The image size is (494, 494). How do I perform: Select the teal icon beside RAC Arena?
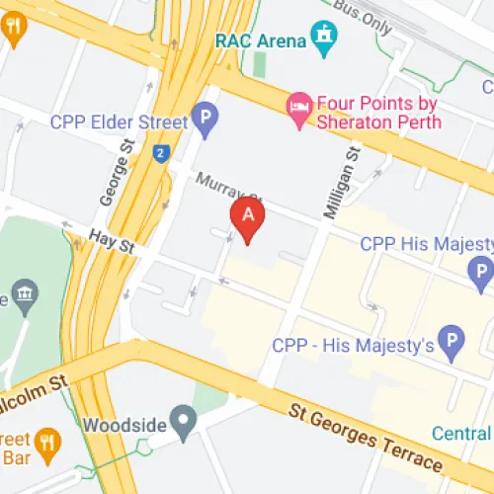pyautogui.click(x=322, y=39)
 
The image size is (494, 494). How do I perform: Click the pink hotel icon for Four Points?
pyautogui.click(x=298, y=105)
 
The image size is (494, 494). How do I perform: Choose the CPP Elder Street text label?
pyautogui.click(x=119, y=123)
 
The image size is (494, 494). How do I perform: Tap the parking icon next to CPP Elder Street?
pyautogui.click(x=205, y=123)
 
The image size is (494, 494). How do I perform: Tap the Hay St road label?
pyautogui.click(x=110, y=238)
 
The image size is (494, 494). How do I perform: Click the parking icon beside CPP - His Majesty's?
pyautogui.click(x=452, y=343)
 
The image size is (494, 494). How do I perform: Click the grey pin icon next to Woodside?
pyautogui.click(x=183, y=423)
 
